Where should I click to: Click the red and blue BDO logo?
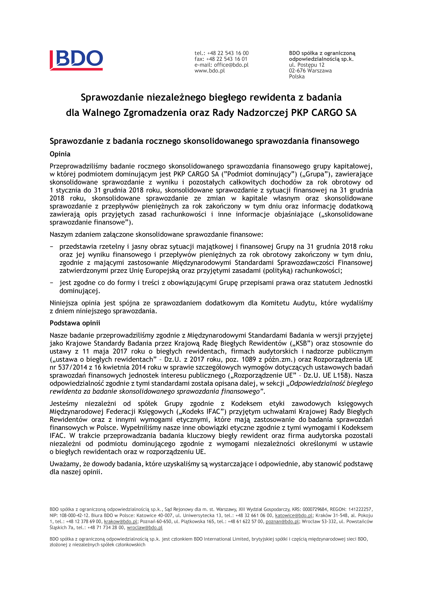tap(76, 60)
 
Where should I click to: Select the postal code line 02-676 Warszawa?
tap(310, 71)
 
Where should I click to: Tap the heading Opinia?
tap(60, 154)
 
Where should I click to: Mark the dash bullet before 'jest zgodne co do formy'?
tap(51, 283)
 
